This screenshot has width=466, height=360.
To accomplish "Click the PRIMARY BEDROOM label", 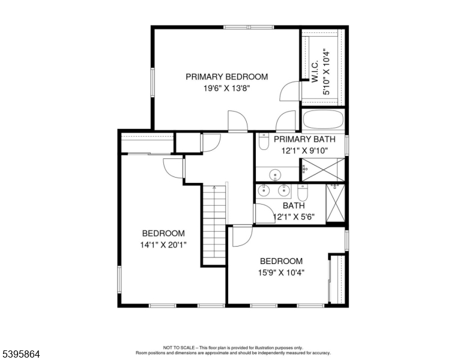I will pos(226,77).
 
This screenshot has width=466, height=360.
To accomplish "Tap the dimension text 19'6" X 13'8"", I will pos(226,88).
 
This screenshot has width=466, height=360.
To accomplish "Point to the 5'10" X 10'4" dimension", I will pos(327,72).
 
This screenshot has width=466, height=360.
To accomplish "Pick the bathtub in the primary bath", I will pos(323,120).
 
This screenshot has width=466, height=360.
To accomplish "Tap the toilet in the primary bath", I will pos(264,143).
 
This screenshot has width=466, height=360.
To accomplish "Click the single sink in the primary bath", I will pos(276,175).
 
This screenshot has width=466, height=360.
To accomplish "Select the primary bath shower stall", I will pos(323,169).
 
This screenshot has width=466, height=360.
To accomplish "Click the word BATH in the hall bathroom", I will pos(294,205).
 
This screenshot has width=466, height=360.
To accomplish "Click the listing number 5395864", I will pos(20,355).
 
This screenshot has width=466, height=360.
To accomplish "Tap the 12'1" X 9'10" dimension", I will pos(301,151).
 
